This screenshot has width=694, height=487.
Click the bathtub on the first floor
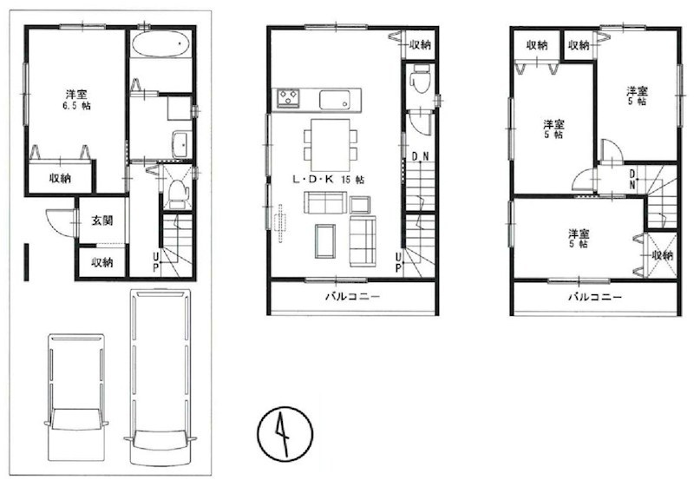tap(162, 44)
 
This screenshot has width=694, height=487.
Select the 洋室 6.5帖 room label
tap(77, 99)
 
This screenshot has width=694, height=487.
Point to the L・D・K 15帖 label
tap(315, 181)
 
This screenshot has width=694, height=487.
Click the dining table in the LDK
tap(330, 144)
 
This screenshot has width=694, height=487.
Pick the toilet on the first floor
tap(177, 194)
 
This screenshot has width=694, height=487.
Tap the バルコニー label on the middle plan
tap(352, 297)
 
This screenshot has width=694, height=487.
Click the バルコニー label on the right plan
tap(595, 297)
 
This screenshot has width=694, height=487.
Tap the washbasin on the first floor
tap(181, 145)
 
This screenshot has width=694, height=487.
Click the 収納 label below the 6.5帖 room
tap(60, 178)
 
